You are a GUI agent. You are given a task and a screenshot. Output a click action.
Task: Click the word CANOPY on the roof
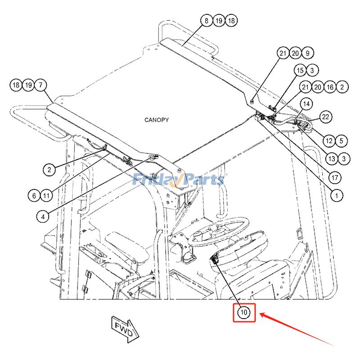click(157, 120)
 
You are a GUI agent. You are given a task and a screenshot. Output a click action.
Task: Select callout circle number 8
click(207, 21)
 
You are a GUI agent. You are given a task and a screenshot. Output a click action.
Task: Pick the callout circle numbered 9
click(307, 53)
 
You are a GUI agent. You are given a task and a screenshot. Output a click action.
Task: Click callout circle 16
click(330, 87)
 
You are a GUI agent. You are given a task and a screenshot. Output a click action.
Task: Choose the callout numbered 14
click(306, 104)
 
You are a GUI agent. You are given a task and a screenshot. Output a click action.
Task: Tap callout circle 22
click(325, 117)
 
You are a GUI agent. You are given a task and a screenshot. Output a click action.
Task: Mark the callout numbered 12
click(329, 141)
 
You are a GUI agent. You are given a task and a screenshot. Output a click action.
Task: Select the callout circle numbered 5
click(341, 141)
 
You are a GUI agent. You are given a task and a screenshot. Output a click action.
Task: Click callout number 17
click(334, 177)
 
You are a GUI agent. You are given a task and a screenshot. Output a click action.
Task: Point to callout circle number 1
click(336, 195)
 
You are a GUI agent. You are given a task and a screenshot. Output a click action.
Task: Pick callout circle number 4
click(43, 216)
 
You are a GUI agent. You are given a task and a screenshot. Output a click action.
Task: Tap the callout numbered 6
click(34, 196)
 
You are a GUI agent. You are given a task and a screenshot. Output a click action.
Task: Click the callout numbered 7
click(40, 85)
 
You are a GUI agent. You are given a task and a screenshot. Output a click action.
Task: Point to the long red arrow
click(297, 328)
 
